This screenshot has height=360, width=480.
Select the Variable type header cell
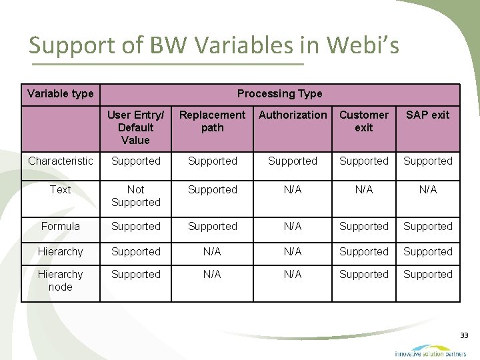pos(61,93)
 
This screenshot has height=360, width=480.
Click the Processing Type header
pos(279,93)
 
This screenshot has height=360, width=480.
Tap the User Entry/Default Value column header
pos(135,127)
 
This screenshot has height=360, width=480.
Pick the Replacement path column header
pos(212,121)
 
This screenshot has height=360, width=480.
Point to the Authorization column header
pos(293,115)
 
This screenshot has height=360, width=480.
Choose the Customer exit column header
pos(363,121)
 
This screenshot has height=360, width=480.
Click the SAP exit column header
pos(427,115)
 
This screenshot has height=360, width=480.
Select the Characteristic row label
pos(61,161)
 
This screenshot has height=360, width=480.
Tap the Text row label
pos(61,190)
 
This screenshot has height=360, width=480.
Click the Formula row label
pos(61,227)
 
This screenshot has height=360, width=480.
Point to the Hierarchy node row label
pos(61,281)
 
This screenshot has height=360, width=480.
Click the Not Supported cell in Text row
pos(135,196)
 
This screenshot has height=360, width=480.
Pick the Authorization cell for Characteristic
pos(293,161)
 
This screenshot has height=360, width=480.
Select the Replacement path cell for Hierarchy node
pos(212,275)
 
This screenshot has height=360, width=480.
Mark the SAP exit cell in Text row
pos(427,190)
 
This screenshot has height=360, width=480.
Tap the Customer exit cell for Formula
pos(363,227)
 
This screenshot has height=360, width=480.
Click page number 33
pos(464,335)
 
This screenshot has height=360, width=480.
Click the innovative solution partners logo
pos(429,351)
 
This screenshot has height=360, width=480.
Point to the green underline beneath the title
pos(167,65)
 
